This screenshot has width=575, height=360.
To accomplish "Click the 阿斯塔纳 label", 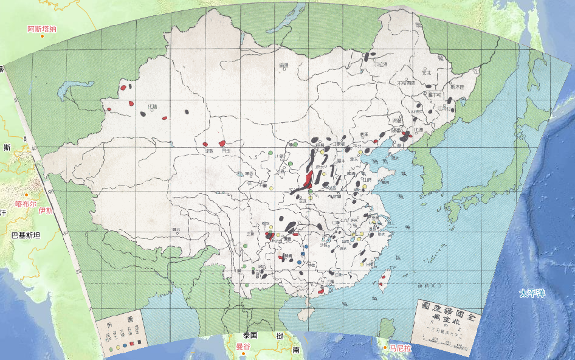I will (42, 29).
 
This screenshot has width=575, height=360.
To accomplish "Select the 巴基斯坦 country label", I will (25, 235).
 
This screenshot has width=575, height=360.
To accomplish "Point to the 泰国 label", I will (250, 335).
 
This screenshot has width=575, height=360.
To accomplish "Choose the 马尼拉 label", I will (401, 348).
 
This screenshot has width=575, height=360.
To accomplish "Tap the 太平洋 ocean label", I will (532, 294).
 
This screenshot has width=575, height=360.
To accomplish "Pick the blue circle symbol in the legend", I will (125, 345).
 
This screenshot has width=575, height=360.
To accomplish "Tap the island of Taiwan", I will (383, 281).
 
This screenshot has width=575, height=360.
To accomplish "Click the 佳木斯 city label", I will (457, 87).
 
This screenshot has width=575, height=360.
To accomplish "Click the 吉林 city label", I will (418, 112).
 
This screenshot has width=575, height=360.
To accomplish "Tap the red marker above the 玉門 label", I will (222, 142).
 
